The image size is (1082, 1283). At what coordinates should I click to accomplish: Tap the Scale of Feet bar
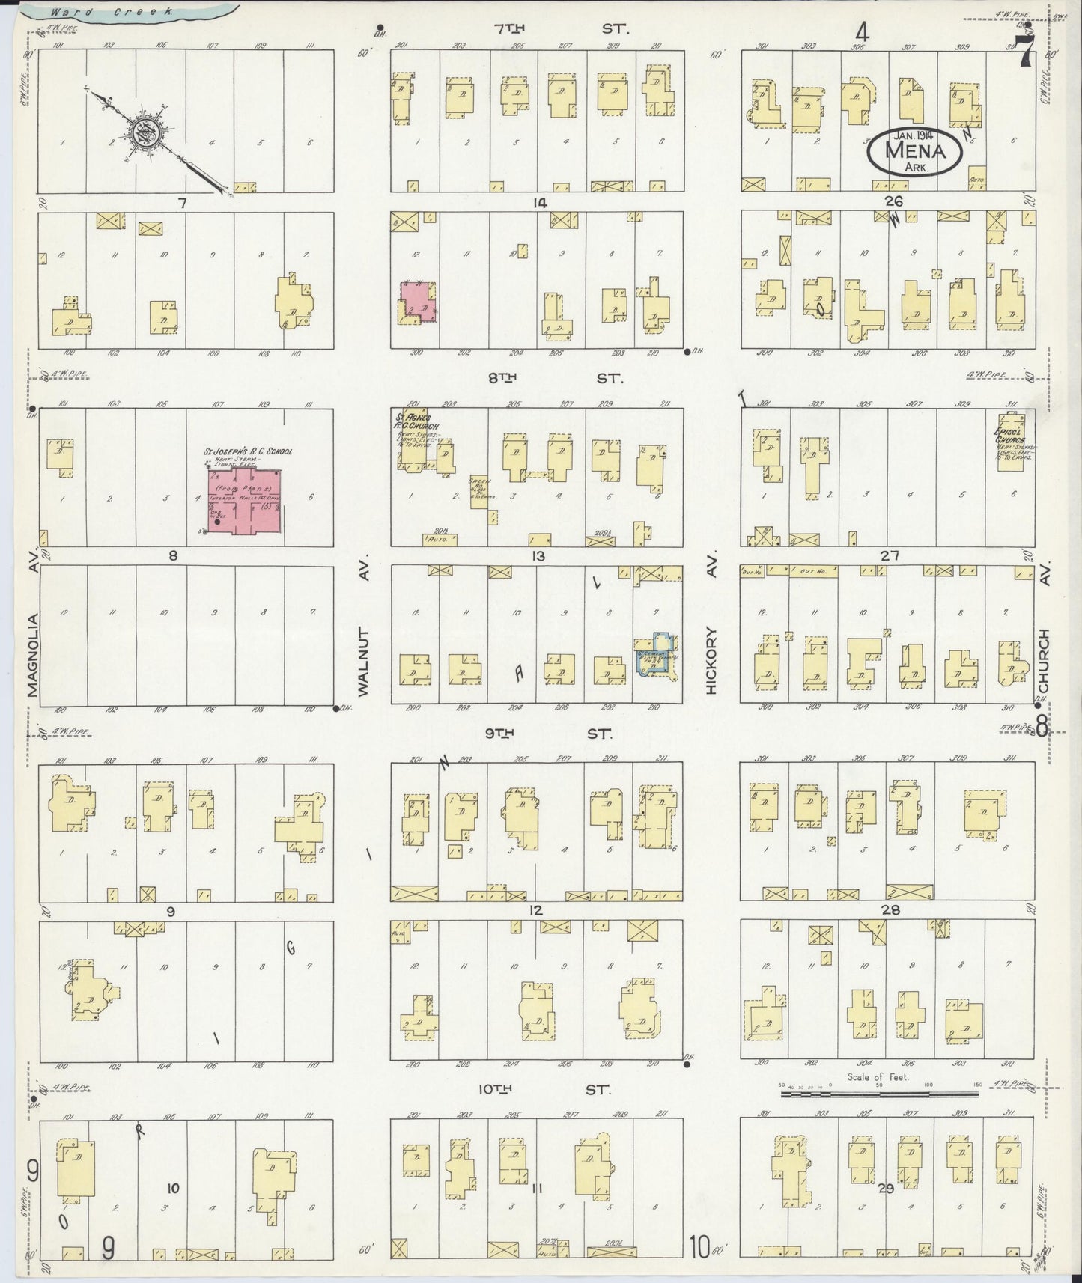879,1094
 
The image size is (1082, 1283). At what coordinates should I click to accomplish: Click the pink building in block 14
417,301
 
